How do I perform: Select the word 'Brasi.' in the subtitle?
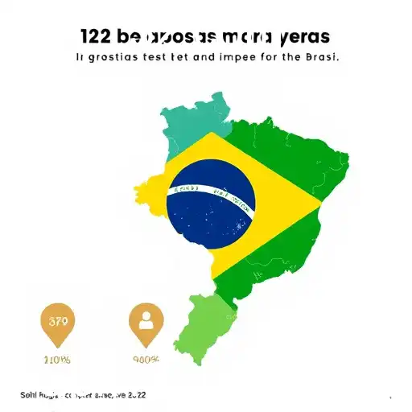click(319, 58)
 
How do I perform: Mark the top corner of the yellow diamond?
click(211, 134)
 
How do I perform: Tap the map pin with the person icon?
click(146, 325)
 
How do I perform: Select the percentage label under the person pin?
click(146, 360)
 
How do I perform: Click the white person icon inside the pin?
click(146, 321)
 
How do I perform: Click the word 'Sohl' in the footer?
click(29, 396)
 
